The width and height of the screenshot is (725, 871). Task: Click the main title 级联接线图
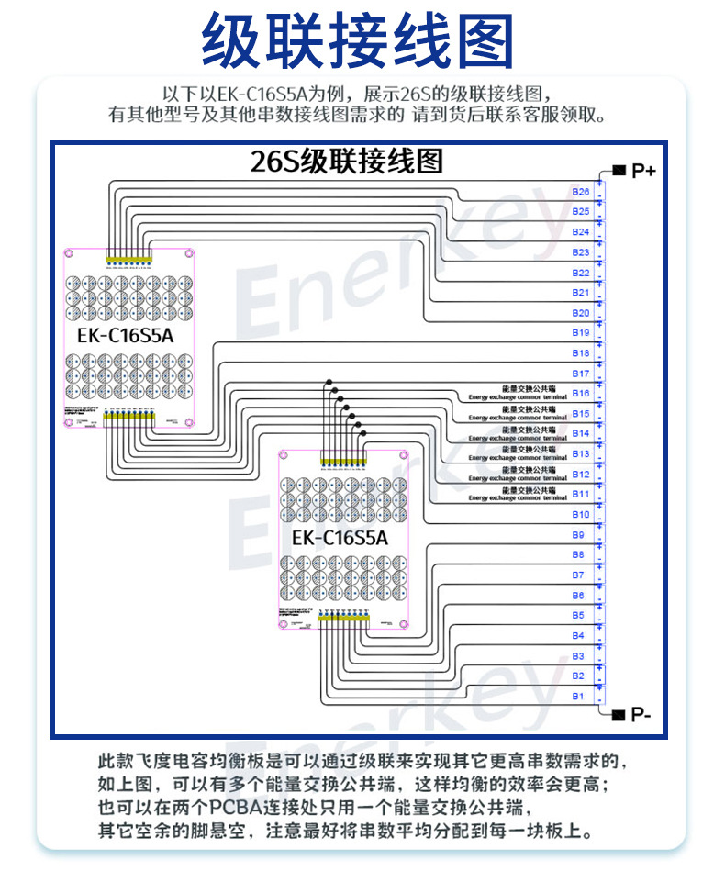[x=358, y=42]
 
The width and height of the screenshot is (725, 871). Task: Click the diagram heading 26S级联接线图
[x=347, y=162]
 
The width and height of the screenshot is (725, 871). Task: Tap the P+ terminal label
[x=643, y=171]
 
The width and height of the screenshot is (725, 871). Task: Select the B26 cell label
[x=580, y=192]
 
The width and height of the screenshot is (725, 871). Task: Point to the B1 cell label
[x=578, y=697]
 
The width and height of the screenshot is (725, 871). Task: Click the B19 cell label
[x=580, y=333]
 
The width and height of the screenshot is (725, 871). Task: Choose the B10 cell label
[x=580, y=515]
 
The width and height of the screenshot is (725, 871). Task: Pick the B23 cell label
[x=580, y=252]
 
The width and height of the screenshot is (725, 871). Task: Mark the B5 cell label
[x=578, y=616]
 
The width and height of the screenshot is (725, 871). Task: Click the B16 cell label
[x=580, y=394]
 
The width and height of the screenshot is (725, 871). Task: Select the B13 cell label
[x=580, y=454]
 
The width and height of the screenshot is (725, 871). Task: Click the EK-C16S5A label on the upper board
[x=126, y=336]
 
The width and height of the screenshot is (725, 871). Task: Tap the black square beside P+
[x=619, y=171]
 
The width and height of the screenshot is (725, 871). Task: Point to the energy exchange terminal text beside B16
[x=518, y=393]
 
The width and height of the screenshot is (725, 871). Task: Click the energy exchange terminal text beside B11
[x=518, y=494]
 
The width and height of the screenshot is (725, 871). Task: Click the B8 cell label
[x=578, y=555]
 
